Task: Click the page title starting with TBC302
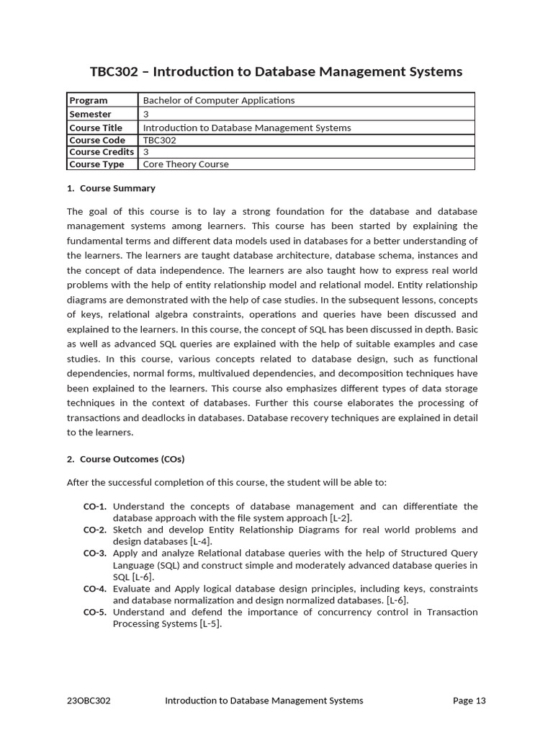(276, 71)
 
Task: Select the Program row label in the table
(89, 100)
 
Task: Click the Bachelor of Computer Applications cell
(219, 100)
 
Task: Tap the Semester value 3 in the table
(146, 114)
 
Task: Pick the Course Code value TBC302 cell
(159, 140)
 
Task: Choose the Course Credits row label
(102, 152)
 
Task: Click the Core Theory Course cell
(186, 164)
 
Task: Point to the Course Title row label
(96, 128)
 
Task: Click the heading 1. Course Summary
(111, 188)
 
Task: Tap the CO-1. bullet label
(95, 507)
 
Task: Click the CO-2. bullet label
(95, 530)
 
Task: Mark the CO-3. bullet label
(95, 553)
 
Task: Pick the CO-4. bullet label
(95, 589)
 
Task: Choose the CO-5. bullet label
(95, 612)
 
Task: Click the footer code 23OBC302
(89, 701)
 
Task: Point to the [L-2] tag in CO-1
(341, 518)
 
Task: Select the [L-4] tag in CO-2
(199, 542)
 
